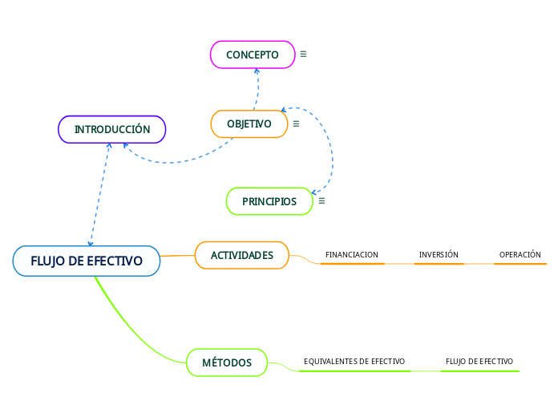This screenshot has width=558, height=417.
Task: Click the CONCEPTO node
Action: (x=252, y=55)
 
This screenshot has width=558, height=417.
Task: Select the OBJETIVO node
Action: (x=249, y=124)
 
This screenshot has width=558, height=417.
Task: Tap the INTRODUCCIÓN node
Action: (x=112, y=129)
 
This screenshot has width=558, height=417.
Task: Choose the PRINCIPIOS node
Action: (x=269, y=201)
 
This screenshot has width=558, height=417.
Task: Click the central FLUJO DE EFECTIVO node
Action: (x=87, y=261)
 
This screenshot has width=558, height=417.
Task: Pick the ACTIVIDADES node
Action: (x=241, y=255)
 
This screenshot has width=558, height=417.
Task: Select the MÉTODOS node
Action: (x=227, y=362)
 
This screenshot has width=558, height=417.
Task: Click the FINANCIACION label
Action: (x=351, y=255)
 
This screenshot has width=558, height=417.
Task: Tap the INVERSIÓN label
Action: (x=439, y=255)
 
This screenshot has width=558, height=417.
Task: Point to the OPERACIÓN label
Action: (x=520, y=255)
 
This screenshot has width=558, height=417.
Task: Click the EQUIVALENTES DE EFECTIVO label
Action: (x=354, y=362)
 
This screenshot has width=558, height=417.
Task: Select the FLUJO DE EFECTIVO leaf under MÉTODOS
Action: (x=479, y=362)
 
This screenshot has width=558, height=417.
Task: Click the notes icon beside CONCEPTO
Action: (x=303, y=55)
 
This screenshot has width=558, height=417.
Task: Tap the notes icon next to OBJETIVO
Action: (x=296, y=124)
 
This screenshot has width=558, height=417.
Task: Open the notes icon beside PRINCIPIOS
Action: (x=321, y=201)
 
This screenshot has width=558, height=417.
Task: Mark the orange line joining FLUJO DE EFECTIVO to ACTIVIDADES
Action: (x=177, y=256)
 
